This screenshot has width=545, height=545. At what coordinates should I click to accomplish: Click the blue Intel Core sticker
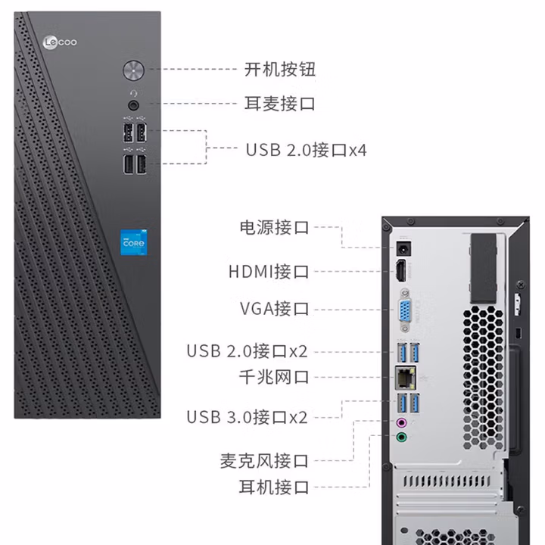tap(135, 243)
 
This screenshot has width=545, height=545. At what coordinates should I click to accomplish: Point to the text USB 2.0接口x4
tap(306, 149)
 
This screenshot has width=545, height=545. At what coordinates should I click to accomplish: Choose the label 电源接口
tap(274, 227)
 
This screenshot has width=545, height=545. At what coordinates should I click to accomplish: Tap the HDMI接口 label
tap(269, 271)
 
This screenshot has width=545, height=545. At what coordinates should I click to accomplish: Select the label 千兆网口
tap(274, 376)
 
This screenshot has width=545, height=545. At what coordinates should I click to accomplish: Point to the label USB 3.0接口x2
tap(248, 416)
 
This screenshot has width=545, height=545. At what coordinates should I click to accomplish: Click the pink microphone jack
tap(403, 422)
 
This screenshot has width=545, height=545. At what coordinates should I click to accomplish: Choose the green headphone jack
tap(403, 437)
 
